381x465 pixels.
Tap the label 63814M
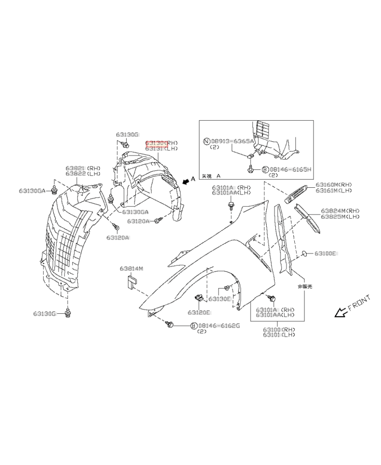[x=131, y=269]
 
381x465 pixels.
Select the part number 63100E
[x=325, y=254]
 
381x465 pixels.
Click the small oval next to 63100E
[x=304, y=254]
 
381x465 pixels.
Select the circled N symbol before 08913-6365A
[x=206, y=141]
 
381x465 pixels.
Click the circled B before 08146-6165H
[x=265, y=169]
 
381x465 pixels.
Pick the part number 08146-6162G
[x=219, y=326]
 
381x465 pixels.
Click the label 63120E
[x=199, y=312]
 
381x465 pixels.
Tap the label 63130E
[x=221, y=299]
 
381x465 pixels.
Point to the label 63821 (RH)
[x=83, y=168]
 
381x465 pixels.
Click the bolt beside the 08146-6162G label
[x=169, y=324]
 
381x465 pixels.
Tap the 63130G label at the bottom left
[x=45, y=313]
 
